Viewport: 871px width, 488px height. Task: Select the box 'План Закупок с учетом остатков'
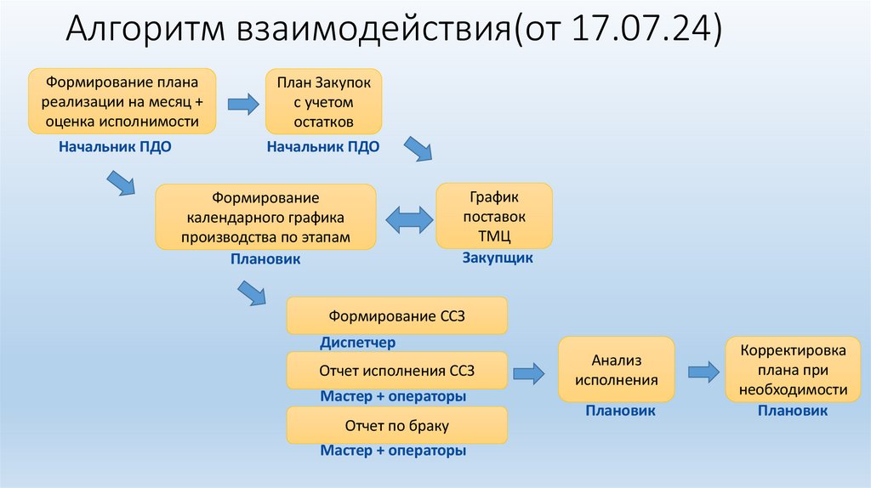(323, 102)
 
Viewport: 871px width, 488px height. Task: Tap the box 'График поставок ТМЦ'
(493, 217)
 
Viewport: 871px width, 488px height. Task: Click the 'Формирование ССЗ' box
(397, 316)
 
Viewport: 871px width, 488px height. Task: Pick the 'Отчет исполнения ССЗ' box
(397, 371)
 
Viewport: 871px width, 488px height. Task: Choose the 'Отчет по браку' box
(397, 425)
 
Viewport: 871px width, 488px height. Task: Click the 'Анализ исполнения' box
(616, 369)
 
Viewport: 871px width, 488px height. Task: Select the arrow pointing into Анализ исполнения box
(528, 371)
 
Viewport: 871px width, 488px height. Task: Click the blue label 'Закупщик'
(498, 258)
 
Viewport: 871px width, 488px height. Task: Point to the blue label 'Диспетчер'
(358, 343)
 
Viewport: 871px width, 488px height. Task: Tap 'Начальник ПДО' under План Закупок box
(323, 146)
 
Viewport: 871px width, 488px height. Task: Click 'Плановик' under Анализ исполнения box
(619, 411)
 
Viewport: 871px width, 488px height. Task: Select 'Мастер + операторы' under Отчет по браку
(393, 451)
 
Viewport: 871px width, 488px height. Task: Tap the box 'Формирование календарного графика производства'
(265, 217)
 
